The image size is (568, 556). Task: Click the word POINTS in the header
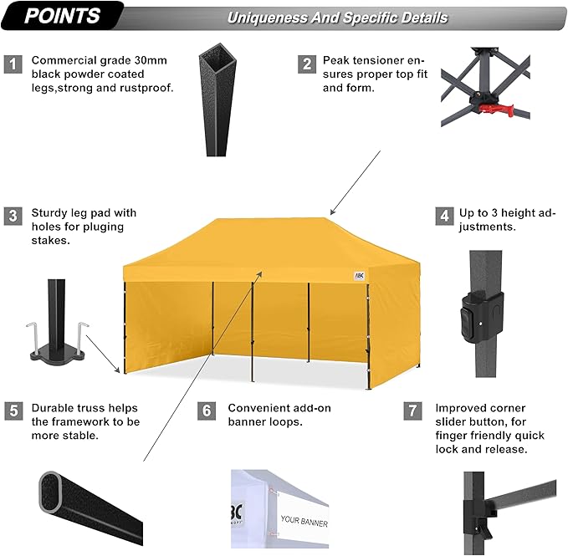pyautogui.click(x=62, y=16)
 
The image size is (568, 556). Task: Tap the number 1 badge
pyautogui.click(x=13, y=64)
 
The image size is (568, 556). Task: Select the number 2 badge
pyautogui.click(x=307, y=64)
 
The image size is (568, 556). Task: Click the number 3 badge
pyautogui.click(x=13, y=216)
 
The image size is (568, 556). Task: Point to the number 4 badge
pyautogui.click(x=444, y=216)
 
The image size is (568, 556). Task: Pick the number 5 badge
pyautogui.click(x=13, y=411)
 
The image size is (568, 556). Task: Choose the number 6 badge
pyautogui.click(x=207, y=411)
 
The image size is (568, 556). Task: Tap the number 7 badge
pyautogui.click(x=412, y=411)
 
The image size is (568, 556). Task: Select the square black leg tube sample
pyautogui.click(x=217, y=99)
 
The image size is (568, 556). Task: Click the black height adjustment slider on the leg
pyautogui.click(x=482, y=317)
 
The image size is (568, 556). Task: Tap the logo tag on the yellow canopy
pyautogui.click(x=359, y=276)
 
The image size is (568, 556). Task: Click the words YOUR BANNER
pyautogui.click(x=304, y=521)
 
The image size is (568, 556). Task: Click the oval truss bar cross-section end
pyautogui.click(x=51, y=492)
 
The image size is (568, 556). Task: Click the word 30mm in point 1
pyautogui.click(x=151, y=60)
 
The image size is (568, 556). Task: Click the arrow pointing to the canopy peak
pyautogui.click(x=356, y=183)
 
